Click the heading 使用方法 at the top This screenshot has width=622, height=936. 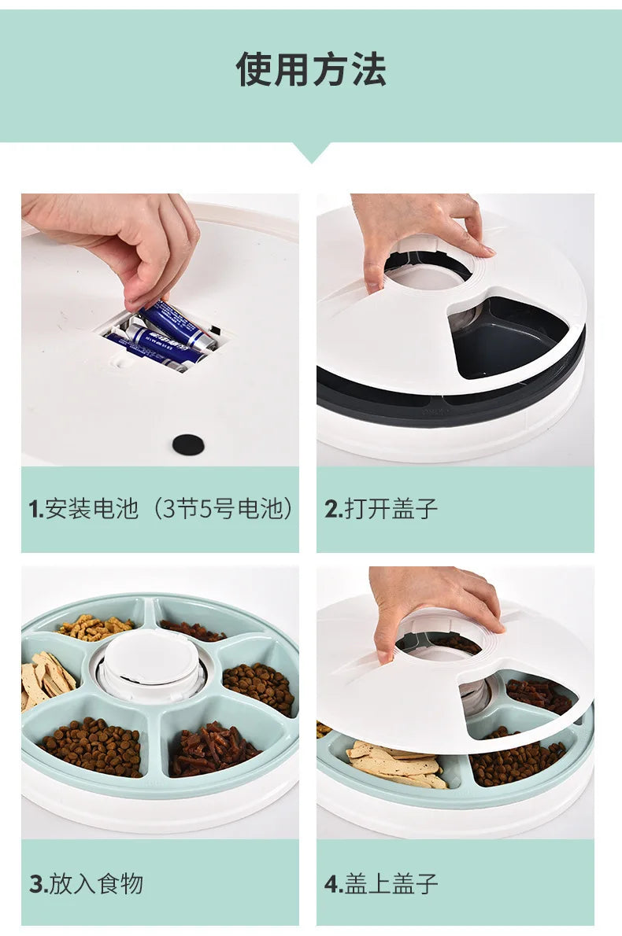pyautogui.click(x=311, y=69)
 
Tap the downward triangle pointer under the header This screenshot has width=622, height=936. pyautogui.click(x=311, y=152)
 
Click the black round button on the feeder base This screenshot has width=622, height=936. pyautogui.click(x=188, y=444)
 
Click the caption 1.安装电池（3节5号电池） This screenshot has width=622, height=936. pyautogui.click(x=161, y=509)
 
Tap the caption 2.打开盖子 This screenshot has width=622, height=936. pyautogui.click(x=381, y=509)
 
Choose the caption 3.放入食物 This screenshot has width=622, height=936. pyautogui.click(x=87, y=883)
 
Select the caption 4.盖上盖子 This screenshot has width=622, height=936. pyautogui.click(x=381, y=883)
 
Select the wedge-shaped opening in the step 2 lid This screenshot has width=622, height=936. pyautogui.click(x=504, y=334)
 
